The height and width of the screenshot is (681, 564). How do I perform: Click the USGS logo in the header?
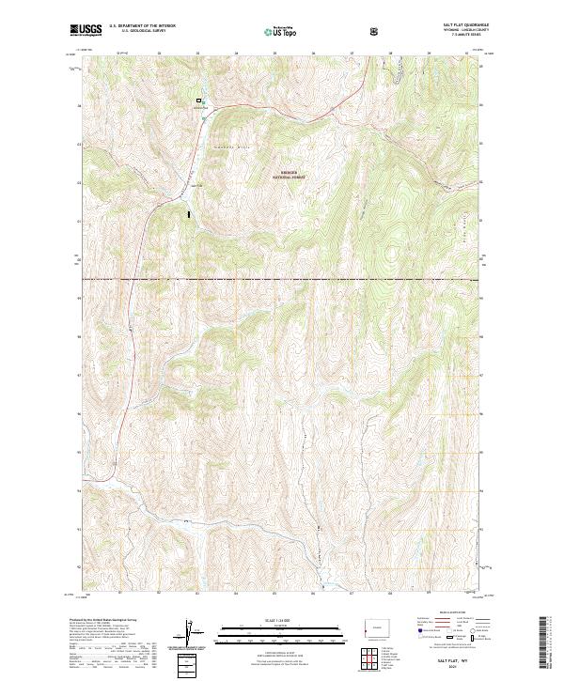point(86,30)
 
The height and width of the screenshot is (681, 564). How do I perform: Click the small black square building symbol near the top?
point(198,101)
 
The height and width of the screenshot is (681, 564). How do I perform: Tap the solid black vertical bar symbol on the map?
point(190,214)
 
